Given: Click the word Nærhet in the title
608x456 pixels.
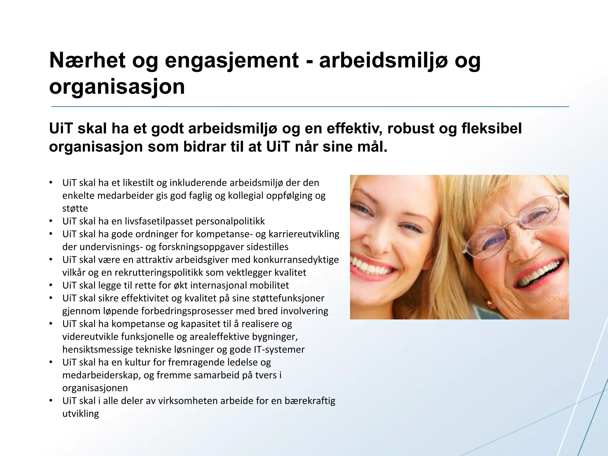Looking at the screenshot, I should (87, 60).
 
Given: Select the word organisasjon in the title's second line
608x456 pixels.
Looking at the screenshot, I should (117, 86).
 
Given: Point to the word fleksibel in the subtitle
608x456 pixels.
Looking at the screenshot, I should (491, 129).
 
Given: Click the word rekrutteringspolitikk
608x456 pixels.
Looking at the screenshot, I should (159, 273).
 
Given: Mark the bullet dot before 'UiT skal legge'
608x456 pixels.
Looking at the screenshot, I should (51, 285).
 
